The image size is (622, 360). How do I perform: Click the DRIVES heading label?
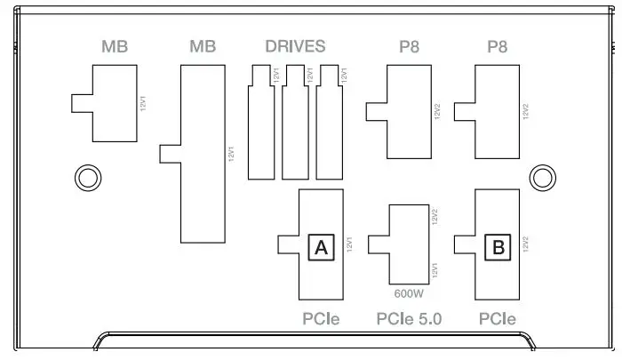[295, 46]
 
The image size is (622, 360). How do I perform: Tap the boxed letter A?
[321, 247]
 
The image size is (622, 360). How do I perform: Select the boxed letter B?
[498, 247]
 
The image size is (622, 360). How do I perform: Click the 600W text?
[409, 291]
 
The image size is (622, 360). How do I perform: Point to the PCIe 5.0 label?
[409, 318]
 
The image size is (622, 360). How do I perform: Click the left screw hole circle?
[87, 178]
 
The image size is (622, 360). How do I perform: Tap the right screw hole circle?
[542, 178]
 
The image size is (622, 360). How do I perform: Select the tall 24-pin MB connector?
[203, 155]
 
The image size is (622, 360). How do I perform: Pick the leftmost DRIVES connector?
[260, 122]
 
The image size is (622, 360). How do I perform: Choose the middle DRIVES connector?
[295, 122]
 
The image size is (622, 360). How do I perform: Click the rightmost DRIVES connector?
[330, 122]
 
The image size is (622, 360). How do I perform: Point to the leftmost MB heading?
[115, 46]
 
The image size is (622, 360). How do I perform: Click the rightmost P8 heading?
[498, 46]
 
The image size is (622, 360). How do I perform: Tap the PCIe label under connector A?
[321, 318]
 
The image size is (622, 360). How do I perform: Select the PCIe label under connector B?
[498, 318]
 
